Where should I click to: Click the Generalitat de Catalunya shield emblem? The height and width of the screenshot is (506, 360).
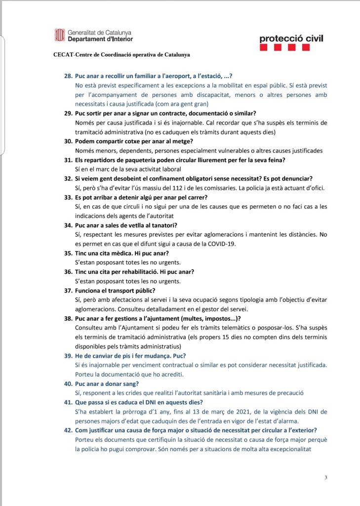click(59, 35)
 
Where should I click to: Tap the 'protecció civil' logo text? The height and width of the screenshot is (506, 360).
click(291, 39)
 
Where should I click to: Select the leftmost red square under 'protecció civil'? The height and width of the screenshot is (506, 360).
click(264, 48)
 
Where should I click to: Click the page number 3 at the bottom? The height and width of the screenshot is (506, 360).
click(326, 477)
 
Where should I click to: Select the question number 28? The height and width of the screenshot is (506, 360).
click(69, 77)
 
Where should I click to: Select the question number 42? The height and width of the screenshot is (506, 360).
click(69, 430)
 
